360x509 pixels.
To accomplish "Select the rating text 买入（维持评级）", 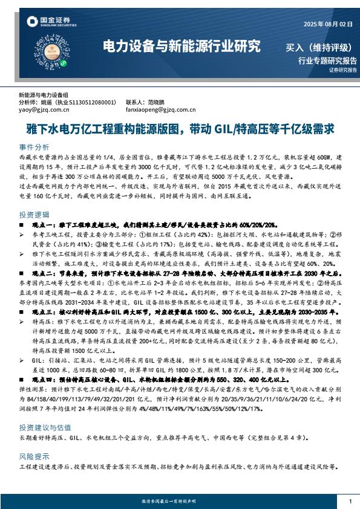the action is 318,47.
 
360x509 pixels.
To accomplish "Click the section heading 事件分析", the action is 34,147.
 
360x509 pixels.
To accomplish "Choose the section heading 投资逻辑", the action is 34,215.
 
